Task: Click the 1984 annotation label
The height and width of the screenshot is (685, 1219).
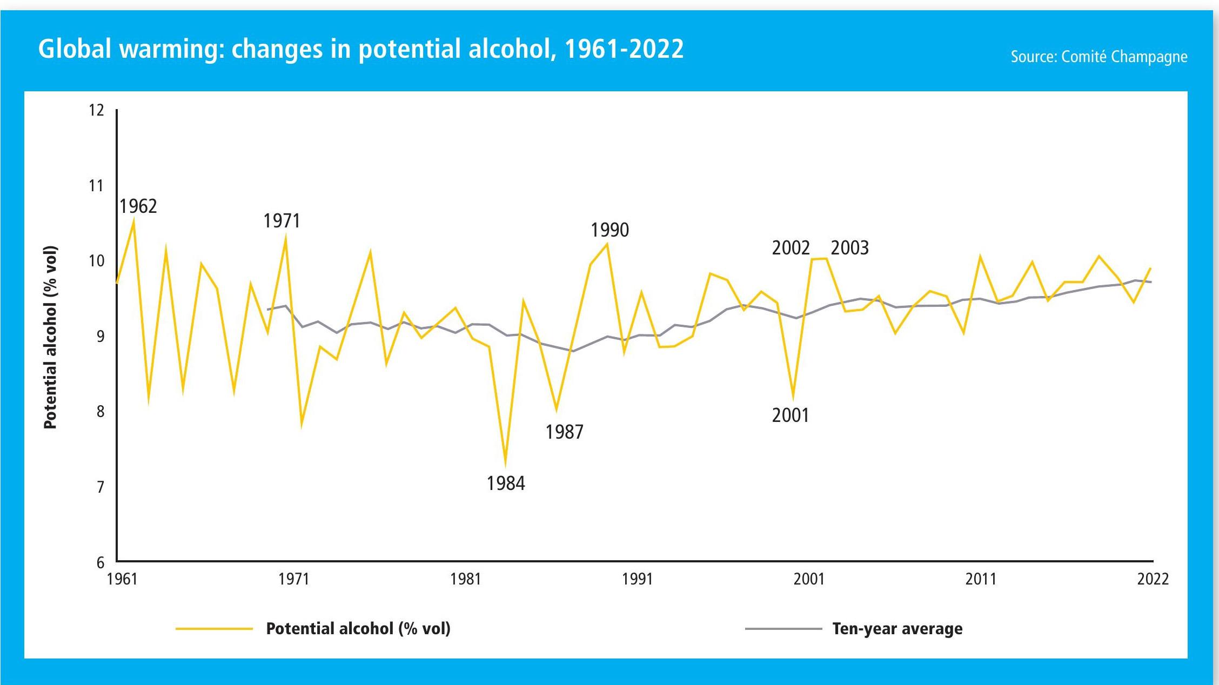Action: coord(505,483)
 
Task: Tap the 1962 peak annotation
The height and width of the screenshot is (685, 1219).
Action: coord(138,206)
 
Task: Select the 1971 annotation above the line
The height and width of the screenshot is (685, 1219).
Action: coord(282,221)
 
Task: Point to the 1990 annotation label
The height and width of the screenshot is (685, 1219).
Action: coord(609,230)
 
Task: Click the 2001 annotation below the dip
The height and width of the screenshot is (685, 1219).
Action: coord(791,415)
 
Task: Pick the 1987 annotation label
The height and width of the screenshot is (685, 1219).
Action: coord(564,432)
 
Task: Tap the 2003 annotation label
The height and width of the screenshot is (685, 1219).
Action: coord(849,248)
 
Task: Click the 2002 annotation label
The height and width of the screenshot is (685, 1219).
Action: coord(791,248)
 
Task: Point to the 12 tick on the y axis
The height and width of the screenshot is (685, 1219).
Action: coord(96,110)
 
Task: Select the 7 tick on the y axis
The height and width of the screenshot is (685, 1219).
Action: coord(100,487)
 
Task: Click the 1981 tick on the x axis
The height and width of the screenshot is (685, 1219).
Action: coord(465,579)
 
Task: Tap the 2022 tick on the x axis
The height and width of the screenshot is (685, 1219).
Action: coord(1153,579)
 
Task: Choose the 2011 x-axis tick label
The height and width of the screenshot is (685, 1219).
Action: coord(981,579)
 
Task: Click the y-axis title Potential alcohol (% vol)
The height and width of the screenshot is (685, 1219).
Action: coord(50,337)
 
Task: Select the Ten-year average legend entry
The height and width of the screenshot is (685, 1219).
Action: coord(897,629)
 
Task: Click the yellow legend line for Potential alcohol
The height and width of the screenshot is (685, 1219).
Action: coord(214,629)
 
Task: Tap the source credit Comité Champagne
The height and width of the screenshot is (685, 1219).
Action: coord(1099,57)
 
